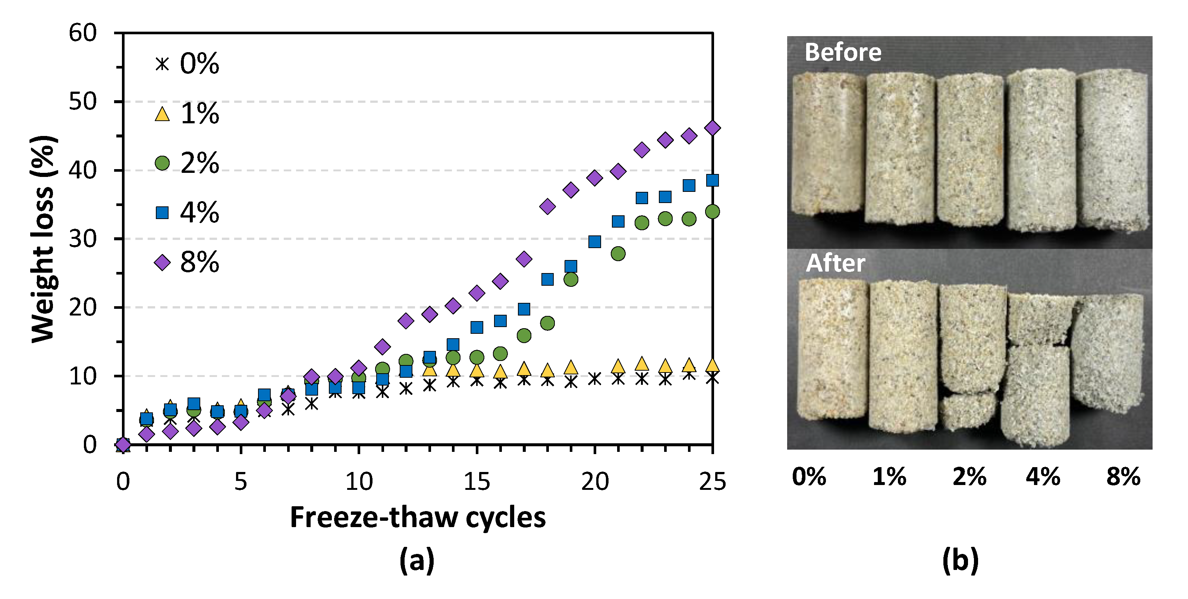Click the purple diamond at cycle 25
pyautogui.click(x=713, y=128)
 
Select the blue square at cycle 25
pyautogui.click(x=713, y=180)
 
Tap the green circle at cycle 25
pyautogui.click(x=713, y=212)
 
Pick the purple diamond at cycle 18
pyautogui.click(x=547, y=206)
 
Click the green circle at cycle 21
pyautogui.click(x=618, y=253)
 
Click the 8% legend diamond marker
pyautogui.click(x=162, y=263)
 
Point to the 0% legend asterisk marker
pyautogui.click(x=162, y=64)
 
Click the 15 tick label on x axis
pyautogui.click(x=477, y=482)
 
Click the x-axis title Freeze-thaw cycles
pyautogui.click(x=417, y=517)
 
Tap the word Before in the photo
pyautogui.click(x=843, y=52)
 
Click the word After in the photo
pyautogui.click(x=835, y=263)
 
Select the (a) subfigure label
pyautogui.click(x=417, y=560)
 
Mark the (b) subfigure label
pyautogui.click(x=960, y=560)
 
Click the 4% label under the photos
pyautogui.click(x=1043, y=476)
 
